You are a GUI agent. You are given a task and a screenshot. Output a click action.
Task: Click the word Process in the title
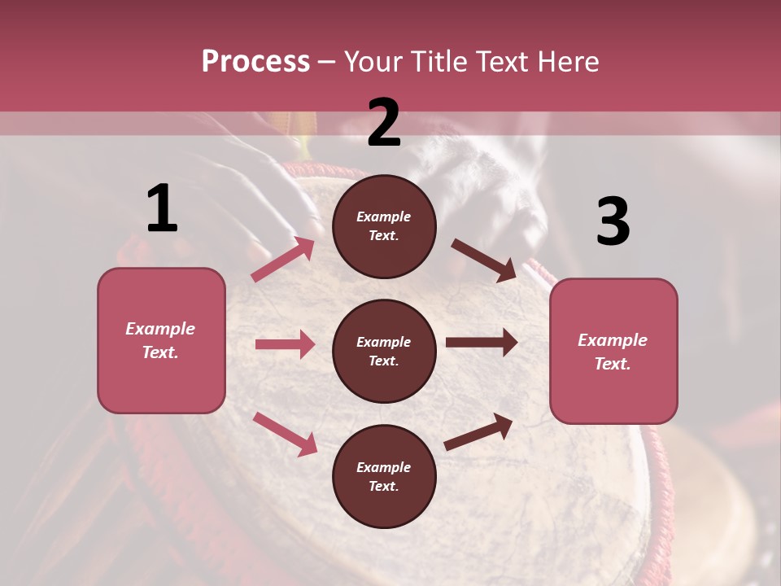(255, 62)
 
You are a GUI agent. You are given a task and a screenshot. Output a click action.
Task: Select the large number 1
(162, 209)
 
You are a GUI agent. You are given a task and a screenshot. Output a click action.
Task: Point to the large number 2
(384, 123)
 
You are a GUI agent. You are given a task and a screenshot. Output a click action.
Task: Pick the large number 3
(613, 222)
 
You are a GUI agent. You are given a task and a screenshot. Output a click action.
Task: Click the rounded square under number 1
(161, 340)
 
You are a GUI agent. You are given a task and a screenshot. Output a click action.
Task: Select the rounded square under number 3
(613, 351)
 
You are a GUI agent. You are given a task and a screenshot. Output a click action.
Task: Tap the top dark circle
(384, 226)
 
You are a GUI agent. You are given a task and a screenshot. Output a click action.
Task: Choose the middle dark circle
(384, 351)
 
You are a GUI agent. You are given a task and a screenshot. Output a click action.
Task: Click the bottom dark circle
(384, 476)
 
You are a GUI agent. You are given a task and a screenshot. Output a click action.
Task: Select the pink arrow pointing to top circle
(283, 260)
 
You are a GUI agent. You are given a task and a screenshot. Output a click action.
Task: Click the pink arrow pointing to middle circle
(285, 344)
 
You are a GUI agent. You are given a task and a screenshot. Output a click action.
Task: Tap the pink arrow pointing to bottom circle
(285, 434)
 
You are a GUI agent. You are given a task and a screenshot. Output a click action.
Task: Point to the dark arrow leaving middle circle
(481, 343)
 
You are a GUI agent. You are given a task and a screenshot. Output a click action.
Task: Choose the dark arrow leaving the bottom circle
(478, 432)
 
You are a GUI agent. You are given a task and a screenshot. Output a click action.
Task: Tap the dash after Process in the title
(327, 62)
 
